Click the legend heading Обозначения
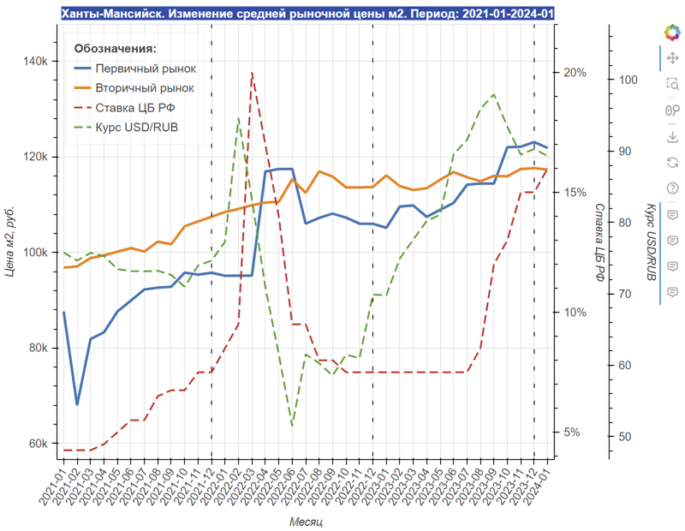pyautogui.click(x=116, y=49)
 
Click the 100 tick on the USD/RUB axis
pyautogui.click(x=627, y=80)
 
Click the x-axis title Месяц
pyautogui.click(x=306, y=521)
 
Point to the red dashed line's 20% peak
pyautogui.click(x=252, y=73)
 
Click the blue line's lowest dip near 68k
pyautogui.click(x=77, y=404)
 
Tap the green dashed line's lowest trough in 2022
pyautogui.click(x=292, y=425)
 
